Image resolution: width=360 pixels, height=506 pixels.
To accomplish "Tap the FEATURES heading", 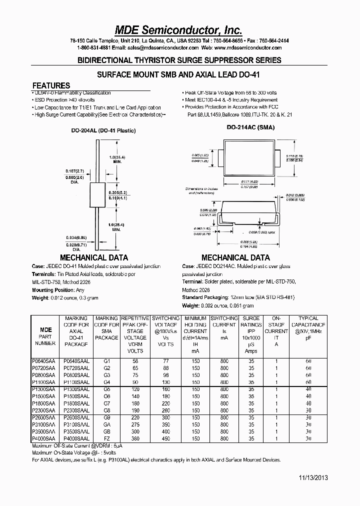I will [51, 85].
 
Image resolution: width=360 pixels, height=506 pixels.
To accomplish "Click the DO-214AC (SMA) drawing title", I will [250, 127].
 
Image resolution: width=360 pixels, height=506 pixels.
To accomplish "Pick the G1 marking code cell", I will [106, 360].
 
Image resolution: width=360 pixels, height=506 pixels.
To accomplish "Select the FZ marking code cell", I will [106, 438].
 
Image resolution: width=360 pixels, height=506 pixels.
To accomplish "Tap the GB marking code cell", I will [106, 431].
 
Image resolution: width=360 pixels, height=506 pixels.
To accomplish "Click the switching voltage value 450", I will [165, 438].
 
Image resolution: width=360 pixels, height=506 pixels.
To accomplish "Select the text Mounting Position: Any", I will [58, 290].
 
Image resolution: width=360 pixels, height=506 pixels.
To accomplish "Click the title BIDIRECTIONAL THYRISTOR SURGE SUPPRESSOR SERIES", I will [179, 60].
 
